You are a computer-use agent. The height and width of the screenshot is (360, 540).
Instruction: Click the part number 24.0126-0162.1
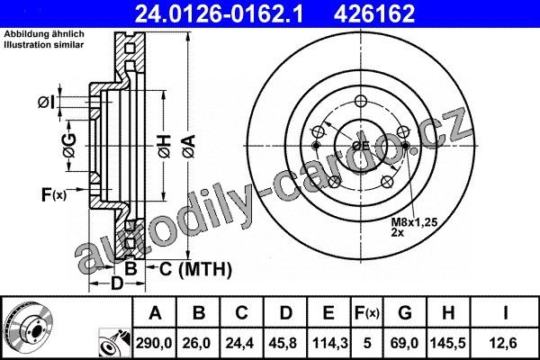pos(219,13)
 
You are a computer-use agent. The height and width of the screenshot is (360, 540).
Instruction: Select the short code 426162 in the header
pos(374,13)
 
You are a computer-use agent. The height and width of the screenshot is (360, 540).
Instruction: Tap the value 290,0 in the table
pos(154,343)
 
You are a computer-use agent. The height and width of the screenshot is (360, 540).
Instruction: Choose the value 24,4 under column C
pos(240,343)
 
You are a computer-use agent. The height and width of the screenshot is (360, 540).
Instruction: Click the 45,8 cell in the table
pos(285,343)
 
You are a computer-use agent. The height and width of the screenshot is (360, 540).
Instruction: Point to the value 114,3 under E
pos(329,343)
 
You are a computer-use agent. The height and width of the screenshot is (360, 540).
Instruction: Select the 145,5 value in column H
pos(447,343)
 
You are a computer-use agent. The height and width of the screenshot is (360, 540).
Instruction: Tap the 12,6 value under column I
pos(505,343)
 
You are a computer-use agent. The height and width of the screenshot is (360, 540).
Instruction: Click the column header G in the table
pos(405,313)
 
